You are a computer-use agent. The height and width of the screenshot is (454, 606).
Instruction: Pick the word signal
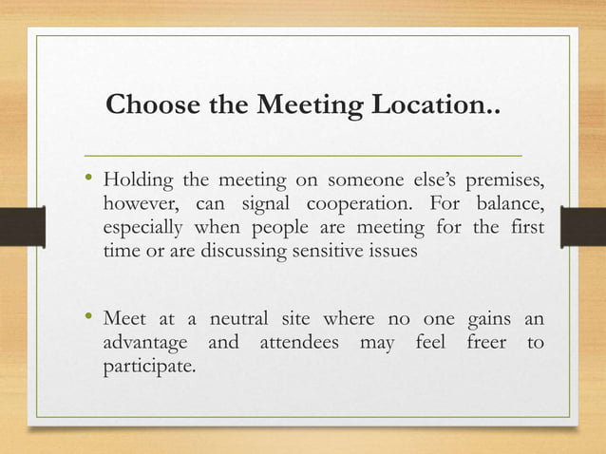[252, 205]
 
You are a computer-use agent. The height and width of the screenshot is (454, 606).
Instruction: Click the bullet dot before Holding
[89, 179]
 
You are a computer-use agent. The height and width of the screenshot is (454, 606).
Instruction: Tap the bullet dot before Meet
[89, 315]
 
